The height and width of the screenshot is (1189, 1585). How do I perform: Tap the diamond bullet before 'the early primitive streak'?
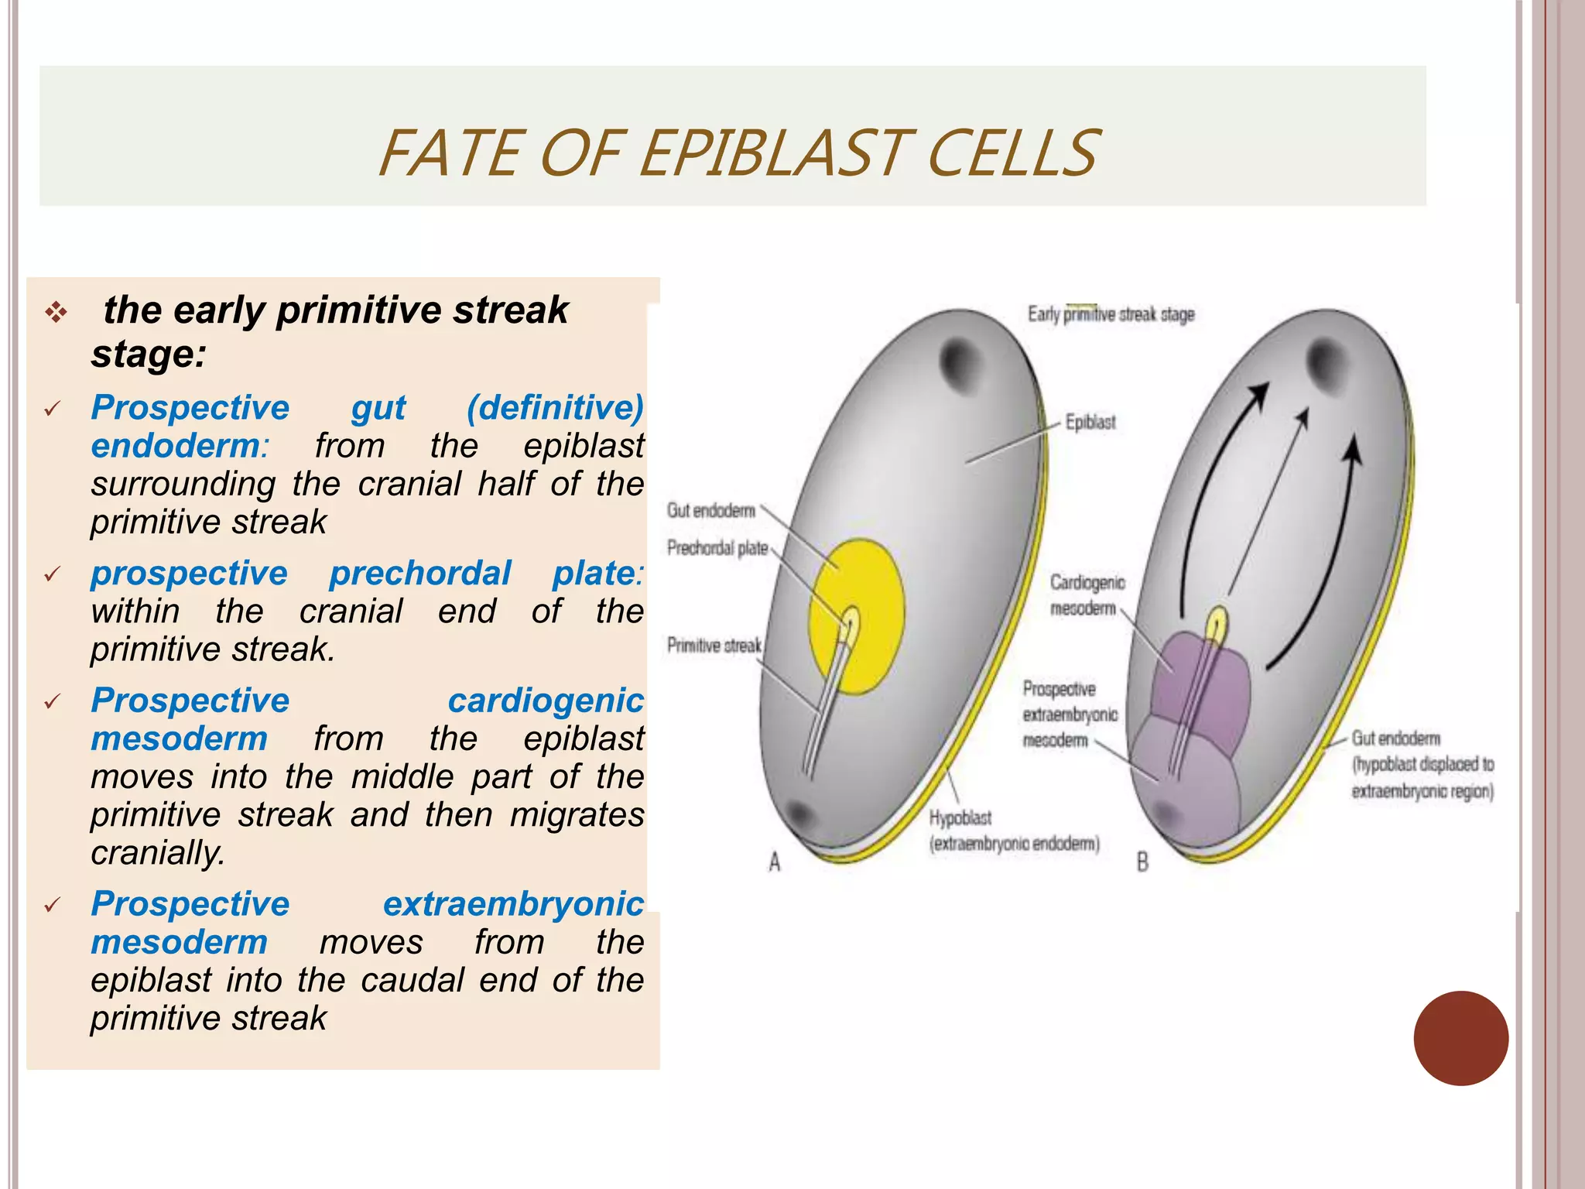click(56, 314)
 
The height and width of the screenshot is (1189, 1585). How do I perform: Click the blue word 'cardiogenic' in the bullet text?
click(545, 701)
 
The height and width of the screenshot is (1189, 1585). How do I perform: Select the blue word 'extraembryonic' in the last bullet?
click(512, 904)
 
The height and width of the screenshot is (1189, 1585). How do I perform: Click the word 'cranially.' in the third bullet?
click(158, 853)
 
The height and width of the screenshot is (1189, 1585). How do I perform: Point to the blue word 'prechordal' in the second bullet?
click(419, 574)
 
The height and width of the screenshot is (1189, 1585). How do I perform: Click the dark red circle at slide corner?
click(1460, 1038)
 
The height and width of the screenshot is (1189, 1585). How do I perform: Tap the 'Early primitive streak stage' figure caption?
click(1111, 314)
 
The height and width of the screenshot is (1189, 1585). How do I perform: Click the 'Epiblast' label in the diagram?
click(1090, 423)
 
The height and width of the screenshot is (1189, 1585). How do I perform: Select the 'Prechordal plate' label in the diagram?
click(717, 548)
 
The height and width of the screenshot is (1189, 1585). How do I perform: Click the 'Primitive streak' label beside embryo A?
click(714, 646)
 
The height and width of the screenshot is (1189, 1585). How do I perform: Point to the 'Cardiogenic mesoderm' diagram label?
click(1087, 594)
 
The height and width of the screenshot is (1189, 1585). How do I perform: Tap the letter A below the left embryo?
click(775, 862)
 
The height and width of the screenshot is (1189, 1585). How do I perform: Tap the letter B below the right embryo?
click(1142, 862)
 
